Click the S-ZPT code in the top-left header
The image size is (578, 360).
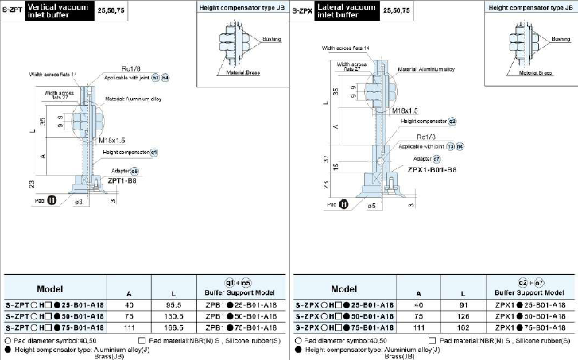(x=12, y=10)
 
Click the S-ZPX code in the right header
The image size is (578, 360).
(x=301, y=10)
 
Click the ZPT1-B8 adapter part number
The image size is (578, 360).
(x=121, y=180)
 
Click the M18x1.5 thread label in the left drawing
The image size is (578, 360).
(x=113, y=140)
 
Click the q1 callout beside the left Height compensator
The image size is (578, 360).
(x=154, y=151)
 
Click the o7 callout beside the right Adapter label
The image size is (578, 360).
(x=436, y=159)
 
